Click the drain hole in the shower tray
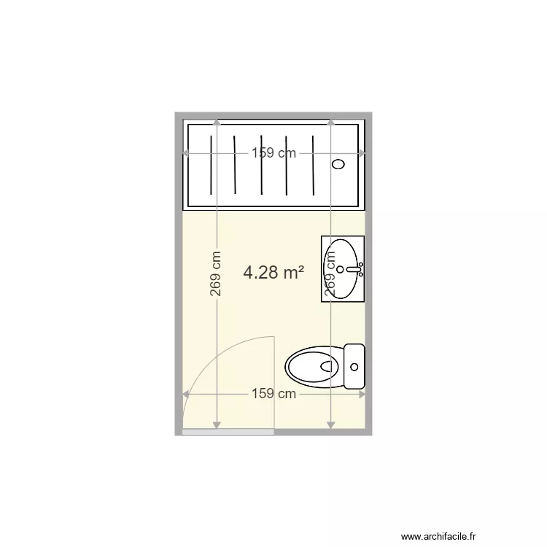(338, 164)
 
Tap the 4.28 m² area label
(273, 273)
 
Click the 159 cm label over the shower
(274, 153)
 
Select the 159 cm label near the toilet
(274, 394)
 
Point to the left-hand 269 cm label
(216, 273)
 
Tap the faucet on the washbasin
(354, 269)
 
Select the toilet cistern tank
(354, 366)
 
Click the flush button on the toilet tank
(355, 366)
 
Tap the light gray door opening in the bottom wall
(228, 432)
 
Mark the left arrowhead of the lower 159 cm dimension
(186, 394)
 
